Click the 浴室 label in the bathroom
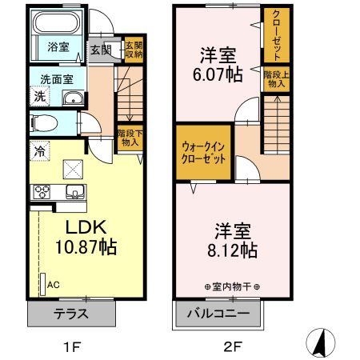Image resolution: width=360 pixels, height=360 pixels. [57, 46]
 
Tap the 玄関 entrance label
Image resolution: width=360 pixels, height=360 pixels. [100, 50]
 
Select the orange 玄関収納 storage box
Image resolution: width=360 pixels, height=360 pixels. [134, 50]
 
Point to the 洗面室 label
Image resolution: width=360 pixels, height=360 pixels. [57, 79]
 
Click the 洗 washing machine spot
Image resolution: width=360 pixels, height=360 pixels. [38, 97]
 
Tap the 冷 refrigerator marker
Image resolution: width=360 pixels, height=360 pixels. [38, 149]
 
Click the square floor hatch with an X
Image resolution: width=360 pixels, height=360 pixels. [73, 169]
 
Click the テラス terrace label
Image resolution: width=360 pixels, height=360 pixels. [71, 313]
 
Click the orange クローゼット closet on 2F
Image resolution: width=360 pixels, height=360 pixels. [276, 36]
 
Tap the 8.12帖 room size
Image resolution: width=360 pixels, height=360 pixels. [229, 250]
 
